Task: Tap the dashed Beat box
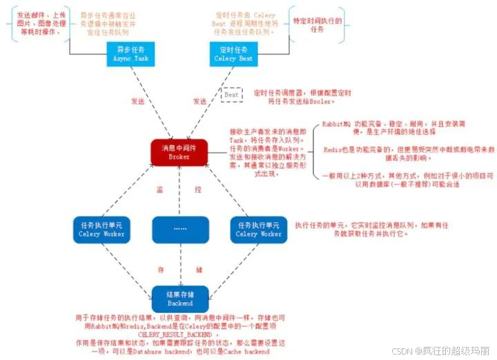tap(231, 94)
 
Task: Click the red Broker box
tap(179, 152)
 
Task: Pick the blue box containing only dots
tap(179, 229)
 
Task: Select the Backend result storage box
tap(179, 299)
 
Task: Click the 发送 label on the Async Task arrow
tap(137, 101)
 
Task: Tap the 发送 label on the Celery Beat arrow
tap(200, 101)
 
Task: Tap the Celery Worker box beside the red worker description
tap(258, 229)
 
